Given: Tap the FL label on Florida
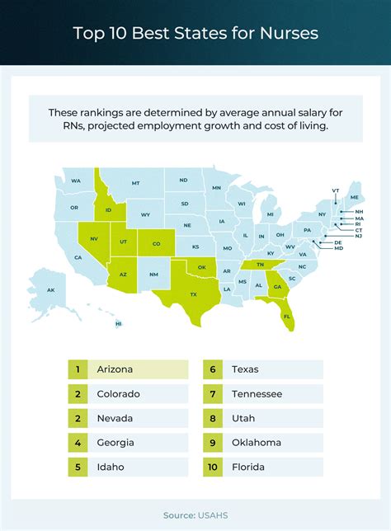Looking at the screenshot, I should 286,316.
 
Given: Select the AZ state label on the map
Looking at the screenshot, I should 123,274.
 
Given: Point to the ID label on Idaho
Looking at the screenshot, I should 108,210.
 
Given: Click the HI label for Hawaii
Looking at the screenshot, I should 119,324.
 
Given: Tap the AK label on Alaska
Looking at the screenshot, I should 50,290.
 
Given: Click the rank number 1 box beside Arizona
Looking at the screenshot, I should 78,369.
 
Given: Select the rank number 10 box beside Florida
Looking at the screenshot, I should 213,466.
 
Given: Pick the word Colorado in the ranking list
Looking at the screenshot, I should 118,394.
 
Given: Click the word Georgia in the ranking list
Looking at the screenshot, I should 115,442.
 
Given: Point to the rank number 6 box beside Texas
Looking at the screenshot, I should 213,369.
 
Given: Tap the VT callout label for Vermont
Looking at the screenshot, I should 336,190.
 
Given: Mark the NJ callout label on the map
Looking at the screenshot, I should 358,237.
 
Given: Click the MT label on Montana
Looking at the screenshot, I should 135,183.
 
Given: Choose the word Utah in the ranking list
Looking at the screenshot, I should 245,418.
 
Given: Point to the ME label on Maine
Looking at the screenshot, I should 355,198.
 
